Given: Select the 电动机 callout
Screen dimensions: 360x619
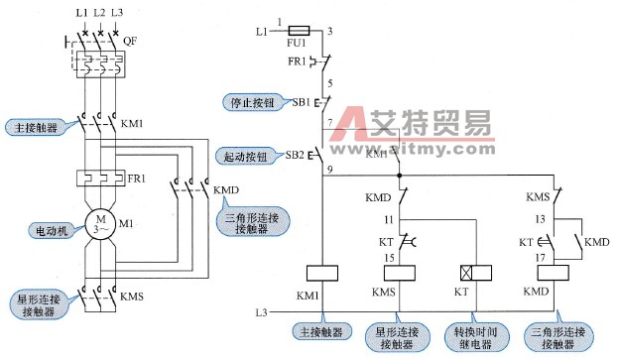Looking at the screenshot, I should pyautogui.click(x=49, y=229).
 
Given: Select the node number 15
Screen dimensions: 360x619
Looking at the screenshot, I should pyautogui.click(x=391, y=257).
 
